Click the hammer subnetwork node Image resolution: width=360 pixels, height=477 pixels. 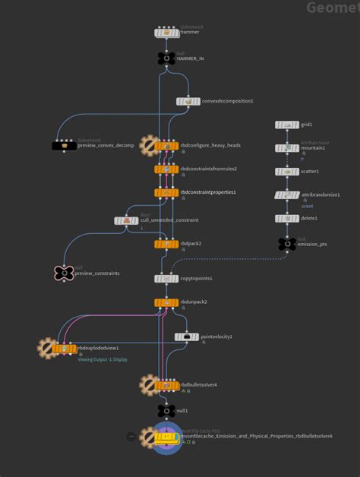point(166,33)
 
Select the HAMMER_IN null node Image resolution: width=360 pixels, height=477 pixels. point(166,58)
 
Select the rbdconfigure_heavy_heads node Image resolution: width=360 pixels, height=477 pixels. point(166,146)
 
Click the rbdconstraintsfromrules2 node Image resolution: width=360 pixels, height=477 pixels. point(166,169)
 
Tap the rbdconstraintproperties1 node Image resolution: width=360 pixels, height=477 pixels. point(166,193)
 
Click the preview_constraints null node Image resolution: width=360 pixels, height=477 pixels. point(64,273)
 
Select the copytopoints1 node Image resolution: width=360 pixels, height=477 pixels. point(166,279)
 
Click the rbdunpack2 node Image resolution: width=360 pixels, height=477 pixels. point(166,302)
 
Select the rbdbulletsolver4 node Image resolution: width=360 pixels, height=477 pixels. point(166,385)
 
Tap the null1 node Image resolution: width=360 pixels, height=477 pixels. point(166,411)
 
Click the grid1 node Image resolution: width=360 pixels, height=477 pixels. point(287,125)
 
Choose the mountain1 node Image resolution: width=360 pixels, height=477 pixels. point(287,148)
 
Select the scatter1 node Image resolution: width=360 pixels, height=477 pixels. point(287,172)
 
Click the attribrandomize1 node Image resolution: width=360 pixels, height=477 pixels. point(287,195)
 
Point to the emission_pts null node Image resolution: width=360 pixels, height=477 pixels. point(287,244)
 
